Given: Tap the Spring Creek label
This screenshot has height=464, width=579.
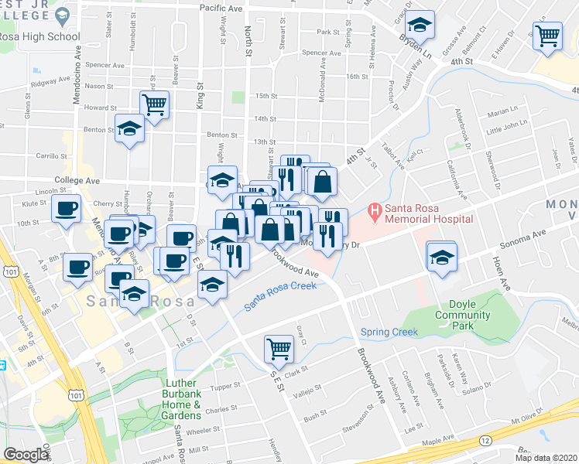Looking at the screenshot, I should click(389, 333).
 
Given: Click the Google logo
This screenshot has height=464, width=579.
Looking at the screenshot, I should click(26, 455).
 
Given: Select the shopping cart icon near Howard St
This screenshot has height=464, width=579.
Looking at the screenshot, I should click(154, 103).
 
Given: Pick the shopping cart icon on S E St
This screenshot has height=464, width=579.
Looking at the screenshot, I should click(279, 347).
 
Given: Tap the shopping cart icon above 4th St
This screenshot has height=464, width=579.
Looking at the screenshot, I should click(547, 35).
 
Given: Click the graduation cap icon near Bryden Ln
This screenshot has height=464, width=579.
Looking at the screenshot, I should click(419, 26).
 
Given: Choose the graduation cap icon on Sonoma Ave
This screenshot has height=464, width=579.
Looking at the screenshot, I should click(441, 257).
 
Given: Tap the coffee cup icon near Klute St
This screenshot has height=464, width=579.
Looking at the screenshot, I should click(66, 209).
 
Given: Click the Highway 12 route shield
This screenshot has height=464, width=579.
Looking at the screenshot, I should click(485, 440).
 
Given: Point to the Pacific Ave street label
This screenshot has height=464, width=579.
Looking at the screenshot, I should click(221, 7).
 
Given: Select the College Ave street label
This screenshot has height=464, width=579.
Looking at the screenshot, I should click(77, 180).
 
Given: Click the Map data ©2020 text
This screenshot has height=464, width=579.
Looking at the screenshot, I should click(546, 458).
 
